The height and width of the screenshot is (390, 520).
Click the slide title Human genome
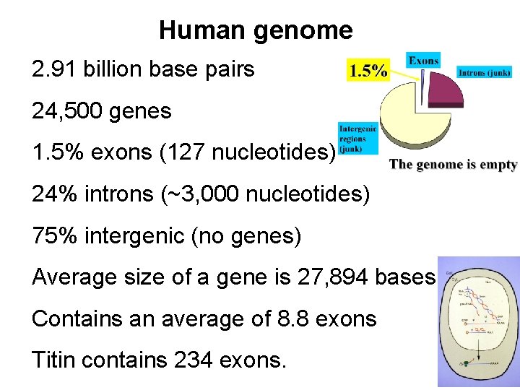(256, 30)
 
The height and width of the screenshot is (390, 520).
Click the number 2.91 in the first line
(55, 70)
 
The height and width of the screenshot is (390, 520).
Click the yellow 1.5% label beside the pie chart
(368, 71)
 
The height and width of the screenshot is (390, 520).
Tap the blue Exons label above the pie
(423, 61)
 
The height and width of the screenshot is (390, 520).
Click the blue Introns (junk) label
(485, 72)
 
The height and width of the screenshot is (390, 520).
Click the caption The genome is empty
(454, 165)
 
